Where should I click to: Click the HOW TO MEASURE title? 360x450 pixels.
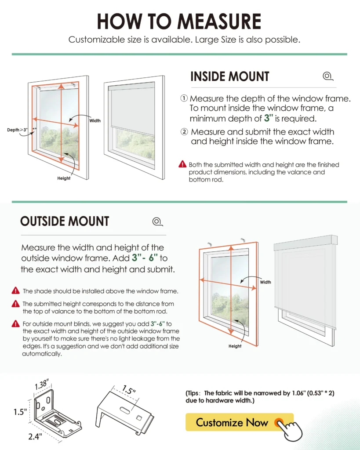point(179,22)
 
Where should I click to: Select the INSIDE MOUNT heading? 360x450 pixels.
point(229,76)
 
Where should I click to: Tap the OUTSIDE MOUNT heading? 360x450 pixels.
point(65,221)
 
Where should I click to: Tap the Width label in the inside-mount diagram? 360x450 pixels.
point(95,120)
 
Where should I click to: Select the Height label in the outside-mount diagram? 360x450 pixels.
point(235,346)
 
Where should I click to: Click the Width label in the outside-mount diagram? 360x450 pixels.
point(265,282)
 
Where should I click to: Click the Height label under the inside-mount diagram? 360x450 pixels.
point(64,178)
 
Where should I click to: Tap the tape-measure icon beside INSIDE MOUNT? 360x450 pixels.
point(327,76)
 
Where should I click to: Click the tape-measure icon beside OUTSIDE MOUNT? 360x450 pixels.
point(157,221)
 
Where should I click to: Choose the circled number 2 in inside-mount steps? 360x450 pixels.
point(184,132)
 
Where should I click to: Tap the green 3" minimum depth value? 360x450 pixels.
point(269,119)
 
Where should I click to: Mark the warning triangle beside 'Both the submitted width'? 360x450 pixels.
point(183,164)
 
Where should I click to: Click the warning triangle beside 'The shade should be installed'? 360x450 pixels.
point(16,290)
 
